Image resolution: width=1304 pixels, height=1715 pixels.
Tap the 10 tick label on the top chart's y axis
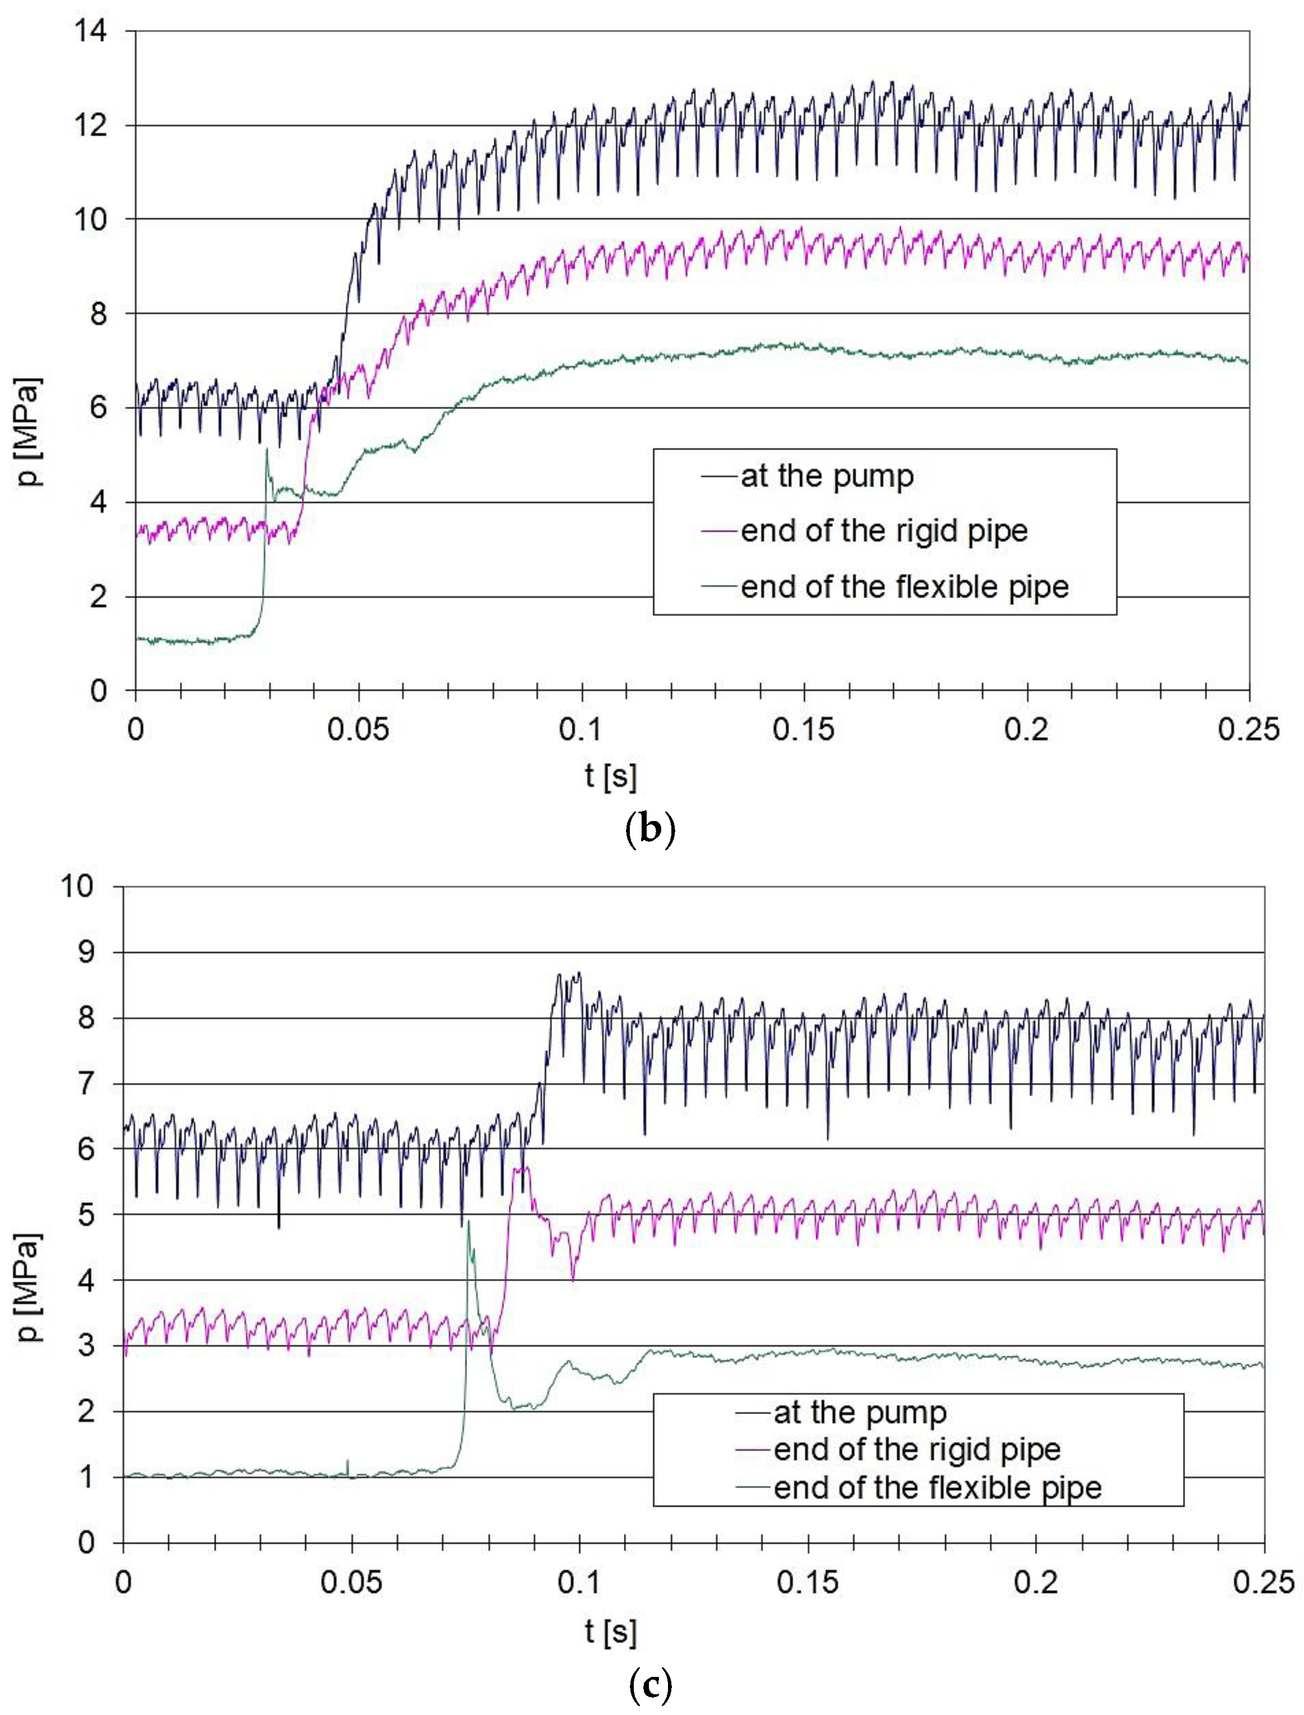(x=91, y=220)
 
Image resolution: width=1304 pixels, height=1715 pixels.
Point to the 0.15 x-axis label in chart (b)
(x=804, y=730)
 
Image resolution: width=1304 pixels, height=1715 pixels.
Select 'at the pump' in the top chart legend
(x=827, y=476)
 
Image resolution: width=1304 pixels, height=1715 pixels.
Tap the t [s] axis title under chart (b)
(x=611, y=775)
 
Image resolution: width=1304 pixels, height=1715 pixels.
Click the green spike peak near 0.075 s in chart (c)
(x=468, y=1221)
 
